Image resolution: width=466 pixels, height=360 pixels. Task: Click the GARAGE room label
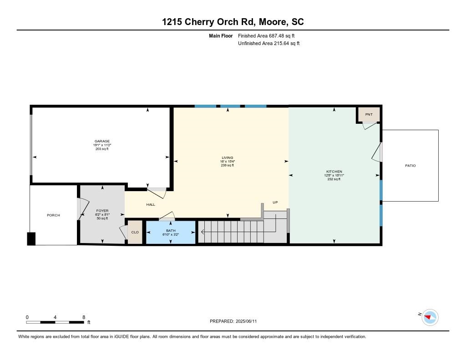tap(102, 141)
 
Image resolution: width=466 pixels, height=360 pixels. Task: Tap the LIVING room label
tap(228, 157)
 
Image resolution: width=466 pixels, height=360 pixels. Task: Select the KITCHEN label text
tap(334, 172)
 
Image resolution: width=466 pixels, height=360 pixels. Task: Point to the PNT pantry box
tap(369, 114)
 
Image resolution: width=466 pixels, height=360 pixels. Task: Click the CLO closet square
tap(135, 232)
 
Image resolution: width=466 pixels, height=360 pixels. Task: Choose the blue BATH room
tap(171, 232)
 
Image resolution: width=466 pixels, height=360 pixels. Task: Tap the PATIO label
tap(410, 166)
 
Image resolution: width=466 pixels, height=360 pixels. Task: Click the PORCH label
tap(54, 215)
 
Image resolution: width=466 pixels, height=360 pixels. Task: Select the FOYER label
tap(102, 211)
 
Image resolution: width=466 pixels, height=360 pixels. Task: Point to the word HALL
tap(151, 204)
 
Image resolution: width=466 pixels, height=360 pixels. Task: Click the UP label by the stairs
tap(275, 202)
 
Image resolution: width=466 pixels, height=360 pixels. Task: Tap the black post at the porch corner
tap(31, 239)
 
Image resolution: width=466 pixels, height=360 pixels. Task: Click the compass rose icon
tap(430, 318)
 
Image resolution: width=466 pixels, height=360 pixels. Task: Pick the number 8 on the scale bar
tap(84, 317)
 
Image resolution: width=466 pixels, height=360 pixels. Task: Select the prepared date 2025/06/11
tap(246, 321)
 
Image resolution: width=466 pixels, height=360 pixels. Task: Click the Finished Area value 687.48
tap(276, 36)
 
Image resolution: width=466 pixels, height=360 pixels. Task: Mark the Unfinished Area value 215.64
tap(281, 43)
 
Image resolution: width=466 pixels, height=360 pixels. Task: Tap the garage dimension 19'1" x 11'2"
tap(102, 145)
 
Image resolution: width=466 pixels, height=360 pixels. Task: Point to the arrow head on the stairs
tap(203, 232)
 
